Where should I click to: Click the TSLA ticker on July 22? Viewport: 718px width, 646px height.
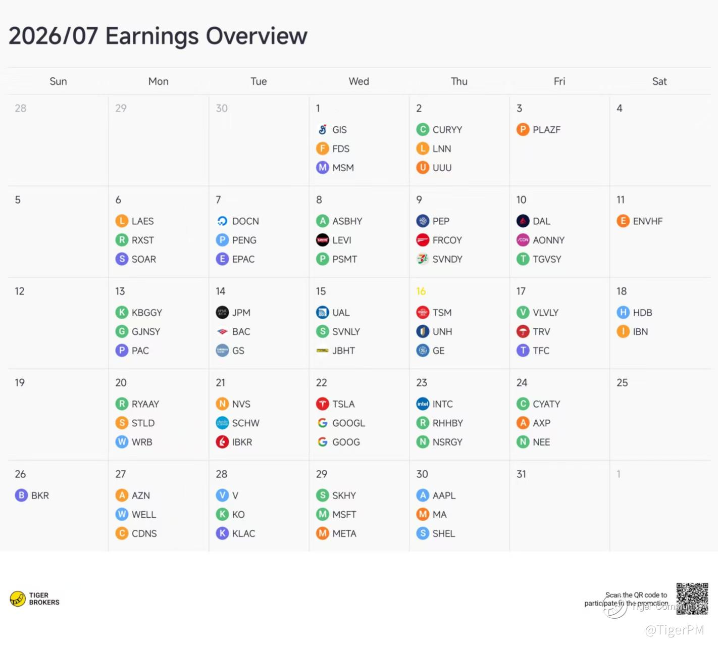click(343, 404)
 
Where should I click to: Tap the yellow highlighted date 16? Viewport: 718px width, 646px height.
click(421, 291)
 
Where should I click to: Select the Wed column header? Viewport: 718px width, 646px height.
click(358, 81)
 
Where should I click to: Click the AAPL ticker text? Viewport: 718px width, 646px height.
click(444, 495)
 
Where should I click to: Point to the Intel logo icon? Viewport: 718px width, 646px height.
click(423, 404)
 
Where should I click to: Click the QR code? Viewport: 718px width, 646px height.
click(692, 599)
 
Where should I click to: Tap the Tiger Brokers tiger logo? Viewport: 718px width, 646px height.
click(18, 599)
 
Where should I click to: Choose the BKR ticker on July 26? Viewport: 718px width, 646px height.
click(40, 495)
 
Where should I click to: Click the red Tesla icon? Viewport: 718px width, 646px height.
click(323, 404)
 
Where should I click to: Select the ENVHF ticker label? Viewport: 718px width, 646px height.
click(647, 221)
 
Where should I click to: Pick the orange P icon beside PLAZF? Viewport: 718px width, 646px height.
click(523, 130)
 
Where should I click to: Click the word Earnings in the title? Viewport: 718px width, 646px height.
click(152, 36)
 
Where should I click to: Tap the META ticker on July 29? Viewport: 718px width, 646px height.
click(344, 533)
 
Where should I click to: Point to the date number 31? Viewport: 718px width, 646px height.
click(521, 474)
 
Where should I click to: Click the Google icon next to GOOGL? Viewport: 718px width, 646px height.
click(323, 423)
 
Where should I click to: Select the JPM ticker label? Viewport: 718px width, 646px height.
click(241, 313)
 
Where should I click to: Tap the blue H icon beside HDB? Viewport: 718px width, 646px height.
click(623, 313)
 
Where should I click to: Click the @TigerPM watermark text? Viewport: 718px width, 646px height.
click(675, 630)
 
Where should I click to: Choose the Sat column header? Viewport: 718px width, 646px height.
click(659, 81)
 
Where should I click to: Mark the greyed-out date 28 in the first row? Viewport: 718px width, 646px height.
click(20, 108)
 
